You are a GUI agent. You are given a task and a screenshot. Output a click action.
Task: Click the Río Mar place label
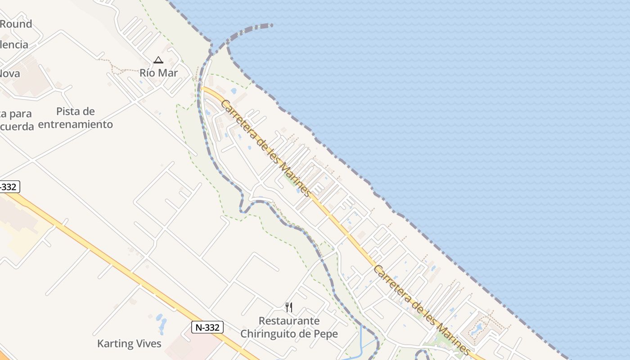[158, 73]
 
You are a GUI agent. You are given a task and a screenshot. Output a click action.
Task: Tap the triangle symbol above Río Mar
[158, 60]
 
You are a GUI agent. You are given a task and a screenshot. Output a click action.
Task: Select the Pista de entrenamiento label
[76, 118]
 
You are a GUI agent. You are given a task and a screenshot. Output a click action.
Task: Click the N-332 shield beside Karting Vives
[207, 327]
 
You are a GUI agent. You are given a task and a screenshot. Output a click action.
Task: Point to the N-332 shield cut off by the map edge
[9, 187]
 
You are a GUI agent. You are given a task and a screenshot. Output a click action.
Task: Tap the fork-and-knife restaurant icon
[289, 307]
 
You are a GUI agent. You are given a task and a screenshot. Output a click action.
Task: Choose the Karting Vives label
[129, 344]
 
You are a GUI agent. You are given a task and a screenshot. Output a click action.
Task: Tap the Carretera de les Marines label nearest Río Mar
[266, 148]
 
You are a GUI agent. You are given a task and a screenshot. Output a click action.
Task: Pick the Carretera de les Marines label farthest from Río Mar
[423, 310]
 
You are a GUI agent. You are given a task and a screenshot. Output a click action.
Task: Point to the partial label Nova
[10, 73]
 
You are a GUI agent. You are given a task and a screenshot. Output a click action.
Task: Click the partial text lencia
[14, 45]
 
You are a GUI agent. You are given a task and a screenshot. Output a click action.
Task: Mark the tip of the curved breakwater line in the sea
[272, 26]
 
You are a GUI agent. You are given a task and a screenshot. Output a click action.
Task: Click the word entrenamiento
[76, 124]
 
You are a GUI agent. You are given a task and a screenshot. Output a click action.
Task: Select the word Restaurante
[289, 321]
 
